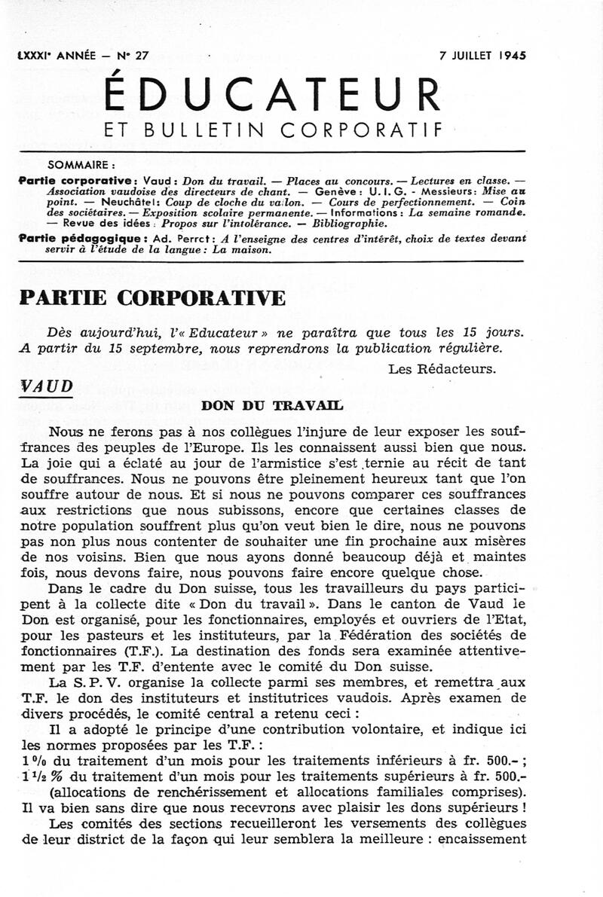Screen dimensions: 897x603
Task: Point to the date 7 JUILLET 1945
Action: [x=482, y=55]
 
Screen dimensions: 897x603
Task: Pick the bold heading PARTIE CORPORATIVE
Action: [x=152, y=298]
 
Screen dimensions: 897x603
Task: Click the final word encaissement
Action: [x=483, y=838]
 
